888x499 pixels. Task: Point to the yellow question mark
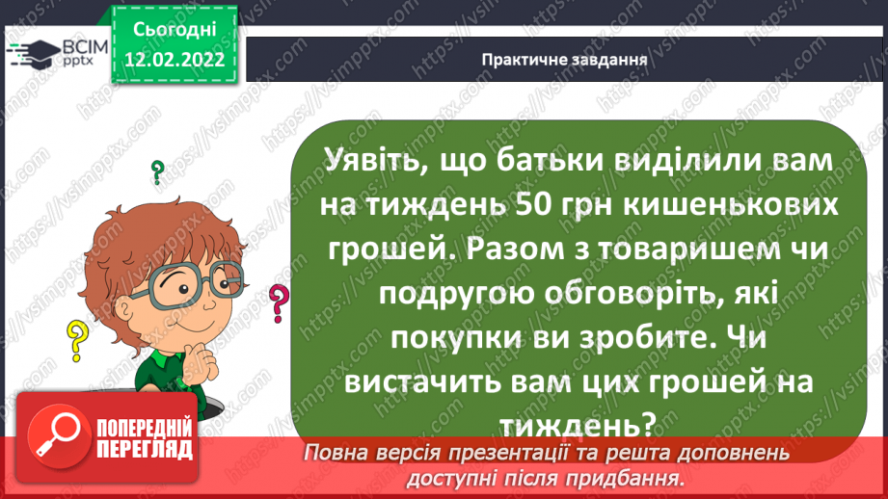(x=75, y=339)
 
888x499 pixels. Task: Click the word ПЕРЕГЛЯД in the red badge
(x=145, y=450)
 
